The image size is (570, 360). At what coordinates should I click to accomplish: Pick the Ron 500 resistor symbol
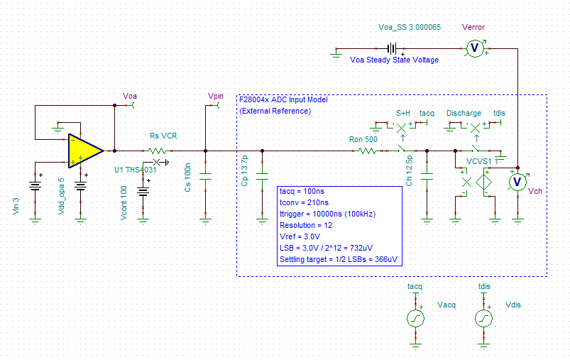[x=362, y=151]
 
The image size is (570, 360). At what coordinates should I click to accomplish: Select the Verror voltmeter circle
[x=475, y=48]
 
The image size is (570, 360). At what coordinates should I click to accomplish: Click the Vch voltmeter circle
[x=518, y=182]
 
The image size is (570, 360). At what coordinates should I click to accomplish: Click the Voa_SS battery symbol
[x=391, y=48]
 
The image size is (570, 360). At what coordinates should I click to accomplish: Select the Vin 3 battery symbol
[x=35, y=186]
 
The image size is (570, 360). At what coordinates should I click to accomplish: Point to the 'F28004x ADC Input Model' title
[x=283, y=100]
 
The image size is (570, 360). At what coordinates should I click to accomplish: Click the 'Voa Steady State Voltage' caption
[x=394, y=60]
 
